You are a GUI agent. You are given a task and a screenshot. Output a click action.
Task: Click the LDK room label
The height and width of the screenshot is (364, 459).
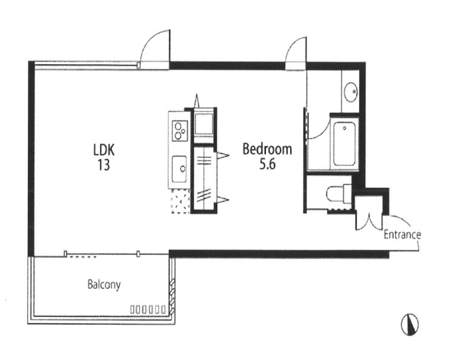[x=104, y=150]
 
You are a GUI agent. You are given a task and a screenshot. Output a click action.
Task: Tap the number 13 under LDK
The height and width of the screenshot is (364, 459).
[x=104, y=164]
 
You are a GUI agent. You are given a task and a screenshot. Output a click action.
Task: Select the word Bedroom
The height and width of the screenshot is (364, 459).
[x=267, y=149]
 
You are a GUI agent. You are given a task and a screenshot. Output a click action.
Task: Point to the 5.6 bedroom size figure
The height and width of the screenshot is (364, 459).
[x=267, y=164]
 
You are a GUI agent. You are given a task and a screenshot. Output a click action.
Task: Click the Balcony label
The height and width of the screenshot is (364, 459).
[x=104, y=285]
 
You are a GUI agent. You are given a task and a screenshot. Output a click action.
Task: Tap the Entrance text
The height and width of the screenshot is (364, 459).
[x=402, y=235]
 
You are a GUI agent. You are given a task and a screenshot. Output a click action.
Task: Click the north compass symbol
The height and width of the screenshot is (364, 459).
[x=410, y=324]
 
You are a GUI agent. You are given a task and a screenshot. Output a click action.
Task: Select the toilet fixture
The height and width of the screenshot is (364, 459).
[x=338, y=193]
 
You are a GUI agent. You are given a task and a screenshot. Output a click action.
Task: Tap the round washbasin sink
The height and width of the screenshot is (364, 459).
[x=351, y=92]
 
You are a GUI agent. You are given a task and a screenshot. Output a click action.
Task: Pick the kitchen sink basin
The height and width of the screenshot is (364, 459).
[x=179, y=169]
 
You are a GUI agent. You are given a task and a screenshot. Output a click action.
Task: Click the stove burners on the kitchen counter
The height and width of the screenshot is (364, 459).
[x=179, y=131]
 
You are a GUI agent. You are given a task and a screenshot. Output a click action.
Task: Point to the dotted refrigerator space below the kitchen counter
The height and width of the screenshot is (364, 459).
[x=180, y=201]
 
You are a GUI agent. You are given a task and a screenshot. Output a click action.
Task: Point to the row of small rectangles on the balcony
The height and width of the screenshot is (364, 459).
[x=148, y=309]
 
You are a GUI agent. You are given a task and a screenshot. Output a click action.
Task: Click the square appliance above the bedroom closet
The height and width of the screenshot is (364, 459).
[x=204, y=124]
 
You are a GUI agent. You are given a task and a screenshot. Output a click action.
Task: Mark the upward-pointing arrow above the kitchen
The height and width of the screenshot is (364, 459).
[x=197, y=101]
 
